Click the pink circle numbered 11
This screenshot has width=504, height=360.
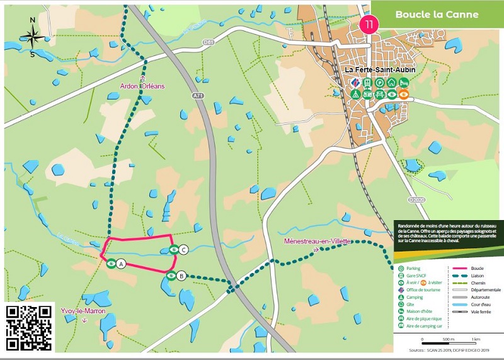click(369, 25)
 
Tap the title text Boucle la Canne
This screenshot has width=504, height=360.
click(437, 14)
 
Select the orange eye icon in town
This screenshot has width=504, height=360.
click(404, 95)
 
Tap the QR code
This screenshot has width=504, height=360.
click(29, 327)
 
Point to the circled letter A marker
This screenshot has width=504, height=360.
click(121, 264)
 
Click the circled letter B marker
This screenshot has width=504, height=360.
click(181, 276)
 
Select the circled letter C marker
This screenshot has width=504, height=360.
click(183, 249)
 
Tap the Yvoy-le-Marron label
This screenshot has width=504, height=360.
click(84, 311)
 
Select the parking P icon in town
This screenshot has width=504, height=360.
click(379, 82)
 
